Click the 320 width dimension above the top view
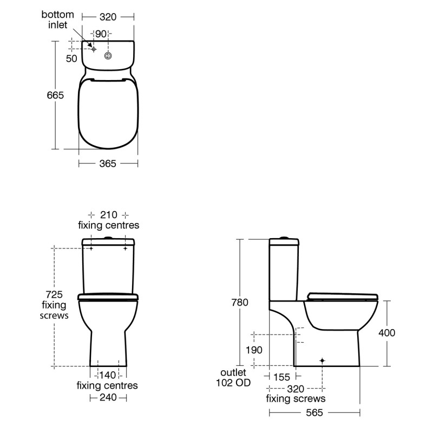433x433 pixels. click(x=108, y=17)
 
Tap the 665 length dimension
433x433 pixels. click(x=55, y=95)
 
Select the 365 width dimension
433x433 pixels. click(x=108, y=163)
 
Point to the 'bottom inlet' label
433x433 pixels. click(x=57, y=20)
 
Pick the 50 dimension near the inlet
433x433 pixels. click(x=71, y=58)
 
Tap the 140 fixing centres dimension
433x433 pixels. click(x=108, y=375)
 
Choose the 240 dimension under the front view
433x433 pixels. click(x=108, y=397)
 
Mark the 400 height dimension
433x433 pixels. click(x=386, y=333)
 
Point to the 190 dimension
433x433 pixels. click(x=254, y=350)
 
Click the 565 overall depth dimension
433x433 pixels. click(x=314, y=412)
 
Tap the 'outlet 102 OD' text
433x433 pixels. click(x=233, y=378)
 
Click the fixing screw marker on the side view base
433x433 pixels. click(x=323, y=360)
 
